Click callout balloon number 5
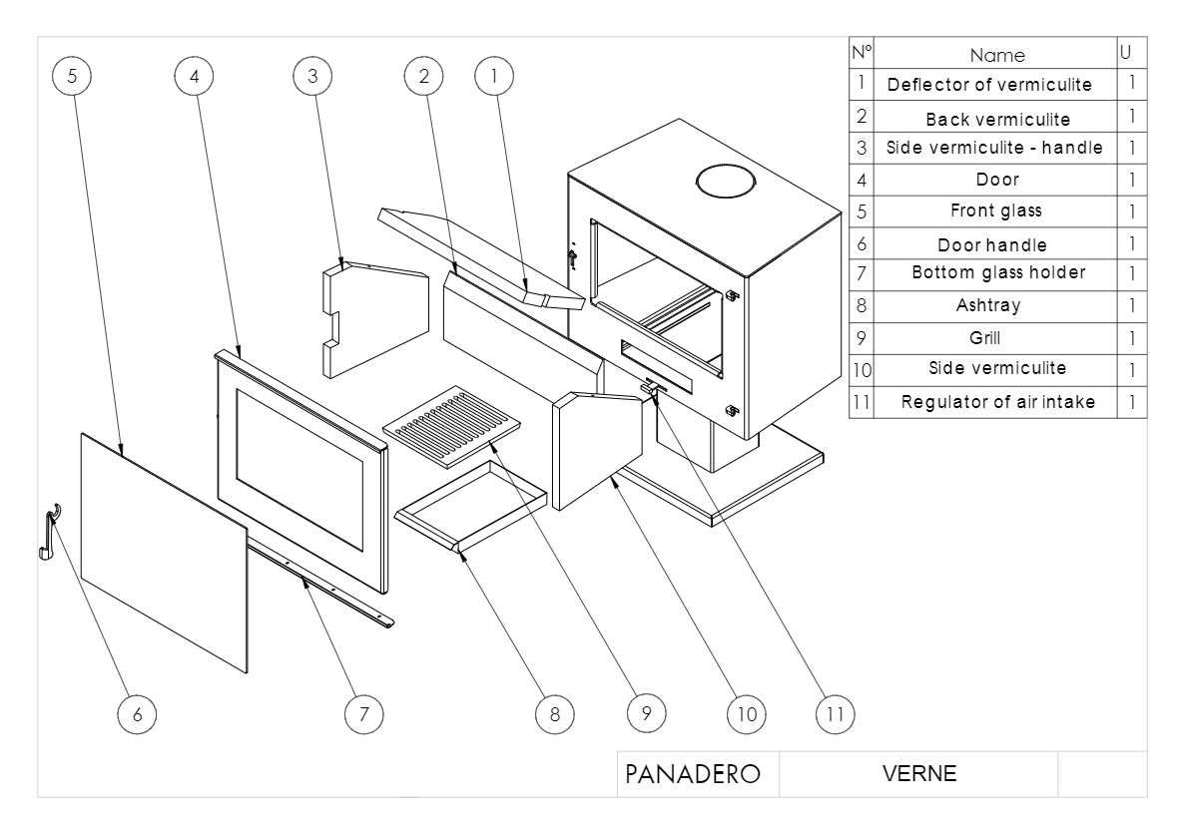[72, 76]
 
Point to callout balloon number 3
[312, 76]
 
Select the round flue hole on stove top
[725, 183]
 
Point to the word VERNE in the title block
[918, 774]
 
